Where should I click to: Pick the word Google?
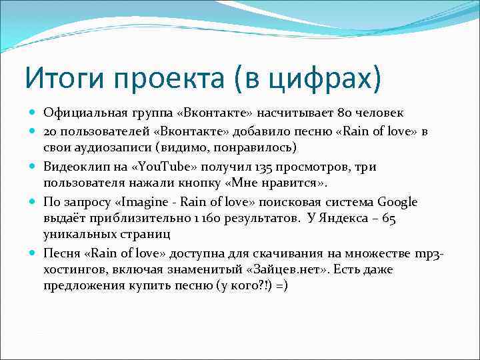click(397, 201)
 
